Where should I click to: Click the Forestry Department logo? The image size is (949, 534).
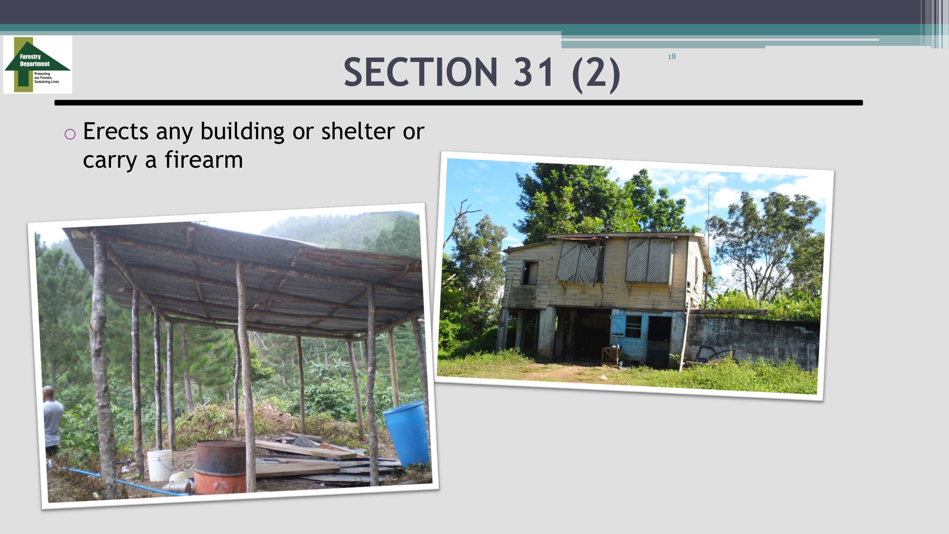(38, 64)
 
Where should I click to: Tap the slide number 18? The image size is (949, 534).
(671, 56)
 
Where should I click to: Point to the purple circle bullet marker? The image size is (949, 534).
(70, 134)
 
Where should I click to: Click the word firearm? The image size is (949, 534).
(204, 159)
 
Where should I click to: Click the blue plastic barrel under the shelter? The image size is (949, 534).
(406, 433)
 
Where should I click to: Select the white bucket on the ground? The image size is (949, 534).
(159, 465)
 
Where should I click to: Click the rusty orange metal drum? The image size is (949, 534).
(220, 467)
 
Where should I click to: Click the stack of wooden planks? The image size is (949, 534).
(317, 461)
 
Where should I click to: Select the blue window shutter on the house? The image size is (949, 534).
(618, 323)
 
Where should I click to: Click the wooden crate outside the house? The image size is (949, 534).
(611, 355)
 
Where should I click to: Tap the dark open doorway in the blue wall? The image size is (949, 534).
(659, 341)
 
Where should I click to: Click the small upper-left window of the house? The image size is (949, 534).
(530, 272)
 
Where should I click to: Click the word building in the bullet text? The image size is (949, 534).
(242, 132)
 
